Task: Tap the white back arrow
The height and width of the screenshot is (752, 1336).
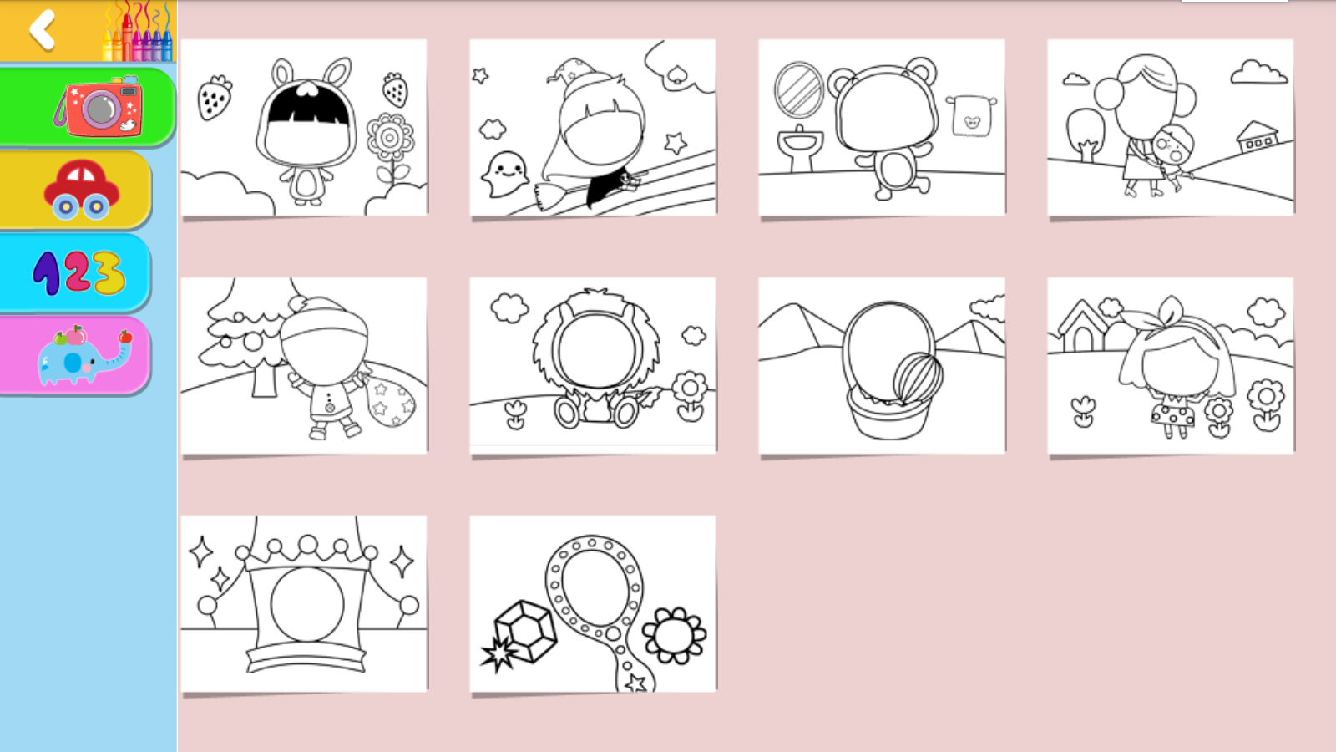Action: (43, 30)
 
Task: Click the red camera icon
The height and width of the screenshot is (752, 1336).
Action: (99, 106)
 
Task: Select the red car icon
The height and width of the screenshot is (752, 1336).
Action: (81, 189)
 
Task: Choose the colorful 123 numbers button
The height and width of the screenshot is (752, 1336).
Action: (78, 272)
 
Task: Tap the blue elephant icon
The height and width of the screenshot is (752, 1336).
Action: (83, 356)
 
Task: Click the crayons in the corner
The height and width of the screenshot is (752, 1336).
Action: (138, 31)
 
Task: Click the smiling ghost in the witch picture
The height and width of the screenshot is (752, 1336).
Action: (504, 174)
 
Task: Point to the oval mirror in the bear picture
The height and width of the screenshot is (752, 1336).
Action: (798, 90)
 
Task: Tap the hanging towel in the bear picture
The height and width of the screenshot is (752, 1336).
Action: (971, 115)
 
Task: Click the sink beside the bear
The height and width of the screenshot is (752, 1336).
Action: (800, 149)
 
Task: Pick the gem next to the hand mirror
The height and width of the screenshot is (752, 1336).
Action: (525, 631)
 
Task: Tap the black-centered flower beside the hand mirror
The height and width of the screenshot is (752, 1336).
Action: (674, 636)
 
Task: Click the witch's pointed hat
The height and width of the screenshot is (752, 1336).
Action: (579, 79)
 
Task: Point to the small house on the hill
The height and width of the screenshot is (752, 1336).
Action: (1258, 137)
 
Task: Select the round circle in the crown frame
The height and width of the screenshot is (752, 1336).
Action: (307, 604)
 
